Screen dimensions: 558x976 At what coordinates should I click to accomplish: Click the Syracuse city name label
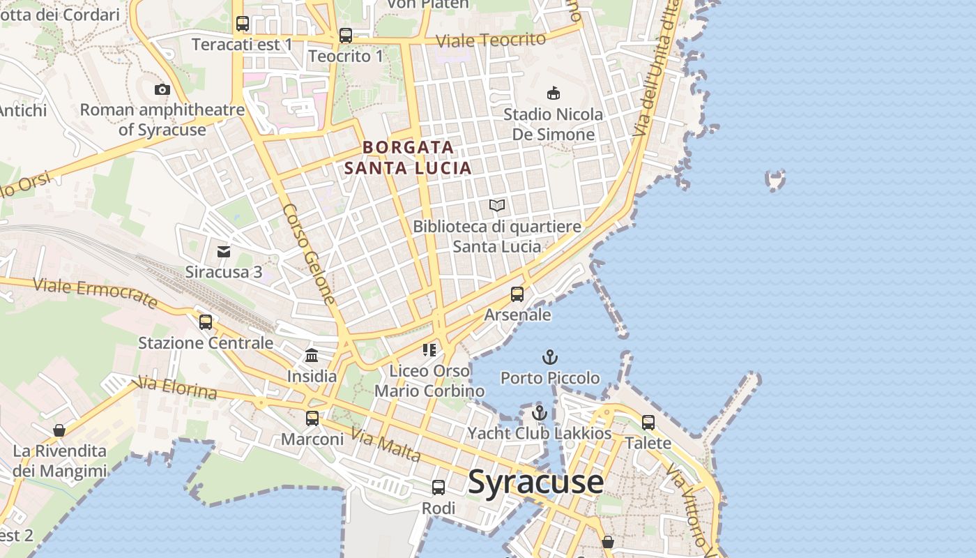click(535, 482)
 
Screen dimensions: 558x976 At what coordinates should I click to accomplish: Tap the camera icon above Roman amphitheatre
click(162, 89)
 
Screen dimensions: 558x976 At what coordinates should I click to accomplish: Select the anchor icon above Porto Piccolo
click(550, 358)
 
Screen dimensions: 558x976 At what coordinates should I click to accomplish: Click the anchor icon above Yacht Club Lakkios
click(539, 413)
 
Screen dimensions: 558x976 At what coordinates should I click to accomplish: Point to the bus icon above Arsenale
click(517, 294)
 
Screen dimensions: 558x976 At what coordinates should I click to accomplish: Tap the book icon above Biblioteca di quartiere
click(496, 205)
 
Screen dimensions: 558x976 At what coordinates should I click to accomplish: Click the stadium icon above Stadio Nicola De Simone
click(554, 93)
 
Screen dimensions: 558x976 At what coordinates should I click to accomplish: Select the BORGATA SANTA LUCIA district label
click(408, 158)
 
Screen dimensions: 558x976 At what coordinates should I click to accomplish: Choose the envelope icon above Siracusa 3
click(224, 252)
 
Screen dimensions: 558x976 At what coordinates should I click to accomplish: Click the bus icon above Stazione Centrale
click(205, 322)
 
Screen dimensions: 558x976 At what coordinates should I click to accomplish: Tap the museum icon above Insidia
click(312, 356)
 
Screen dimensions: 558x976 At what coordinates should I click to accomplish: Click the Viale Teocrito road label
click(490, 40)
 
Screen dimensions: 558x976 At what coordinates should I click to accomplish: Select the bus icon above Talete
click(648, 423)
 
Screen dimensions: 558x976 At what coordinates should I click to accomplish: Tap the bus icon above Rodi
click(438, 488)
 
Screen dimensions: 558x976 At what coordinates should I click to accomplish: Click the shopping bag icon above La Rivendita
click(59, 430)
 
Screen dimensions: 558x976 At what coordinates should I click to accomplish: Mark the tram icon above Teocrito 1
click(345, 36)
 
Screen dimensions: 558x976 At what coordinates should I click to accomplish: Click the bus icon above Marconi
click(312, 418)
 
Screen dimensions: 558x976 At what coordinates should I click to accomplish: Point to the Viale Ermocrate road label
click(96, 293)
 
